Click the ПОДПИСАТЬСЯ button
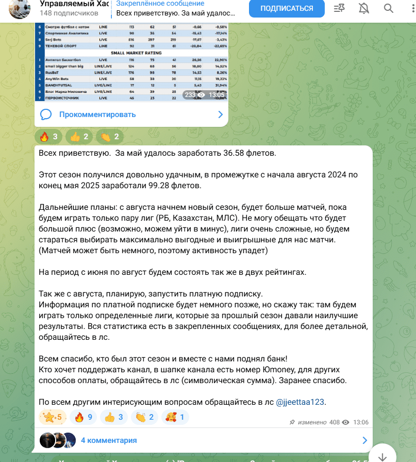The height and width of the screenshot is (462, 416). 287,9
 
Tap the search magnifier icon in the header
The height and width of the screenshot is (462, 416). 389,8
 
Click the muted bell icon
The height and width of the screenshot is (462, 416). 364,8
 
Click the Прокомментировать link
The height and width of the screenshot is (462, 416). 97,114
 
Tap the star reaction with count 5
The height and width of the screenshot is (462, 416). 53,417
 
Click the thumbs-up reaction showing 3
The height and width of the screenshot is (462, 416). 114,417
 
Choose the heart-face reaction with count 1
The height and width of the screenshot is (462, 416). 176,417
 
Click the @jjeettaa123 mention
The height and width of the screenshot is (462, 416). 301,402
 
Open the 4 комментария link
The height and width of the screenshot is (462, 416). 109,440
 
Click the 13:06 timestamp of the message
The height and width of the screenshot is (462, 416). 361,422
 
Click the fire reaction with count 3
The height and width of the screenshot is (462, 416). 50,137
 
